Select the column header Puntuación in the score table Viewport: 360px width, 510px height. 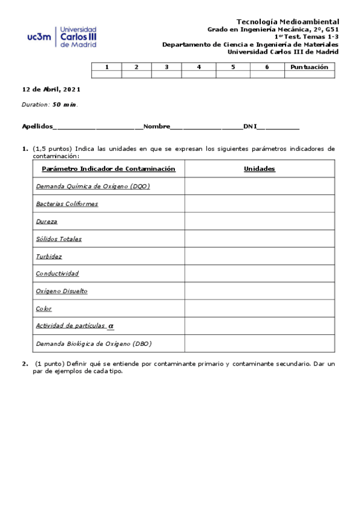point(309,67)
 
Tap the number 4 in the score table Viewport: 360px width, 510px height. point(199,67)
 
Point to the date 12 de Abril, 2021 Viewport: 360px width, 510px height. point(51,89)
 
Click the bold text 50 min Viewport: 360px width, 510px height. point(65,104)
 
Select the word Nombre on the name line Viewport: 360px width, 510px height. point(157,126)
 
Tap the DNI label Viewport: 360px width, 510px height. point(249,126)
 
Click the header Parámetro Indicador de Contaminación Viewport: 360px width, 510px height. point(108,169)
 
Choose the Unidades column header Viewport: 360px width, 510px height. point(259,169)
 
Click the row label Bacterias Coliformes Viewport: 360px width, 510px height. point(67,204)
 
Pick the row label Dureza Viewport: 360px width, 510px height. point(47,221)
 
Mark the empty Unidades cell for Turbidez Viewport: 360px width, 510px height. point(259,256)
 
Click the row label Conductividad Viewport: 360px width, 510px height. point(57,274)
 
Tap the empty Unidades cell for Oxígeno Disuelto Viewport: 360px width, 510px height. point(259,291)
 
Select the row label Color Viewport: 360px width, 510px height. point(44,309)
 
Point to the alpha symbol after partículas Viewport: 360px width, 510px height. point(111,326)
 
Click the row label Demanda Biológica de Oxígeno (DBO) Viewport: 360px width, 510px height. point(94,343)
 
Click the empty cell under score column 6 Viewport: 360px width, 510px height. point(267,75)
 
